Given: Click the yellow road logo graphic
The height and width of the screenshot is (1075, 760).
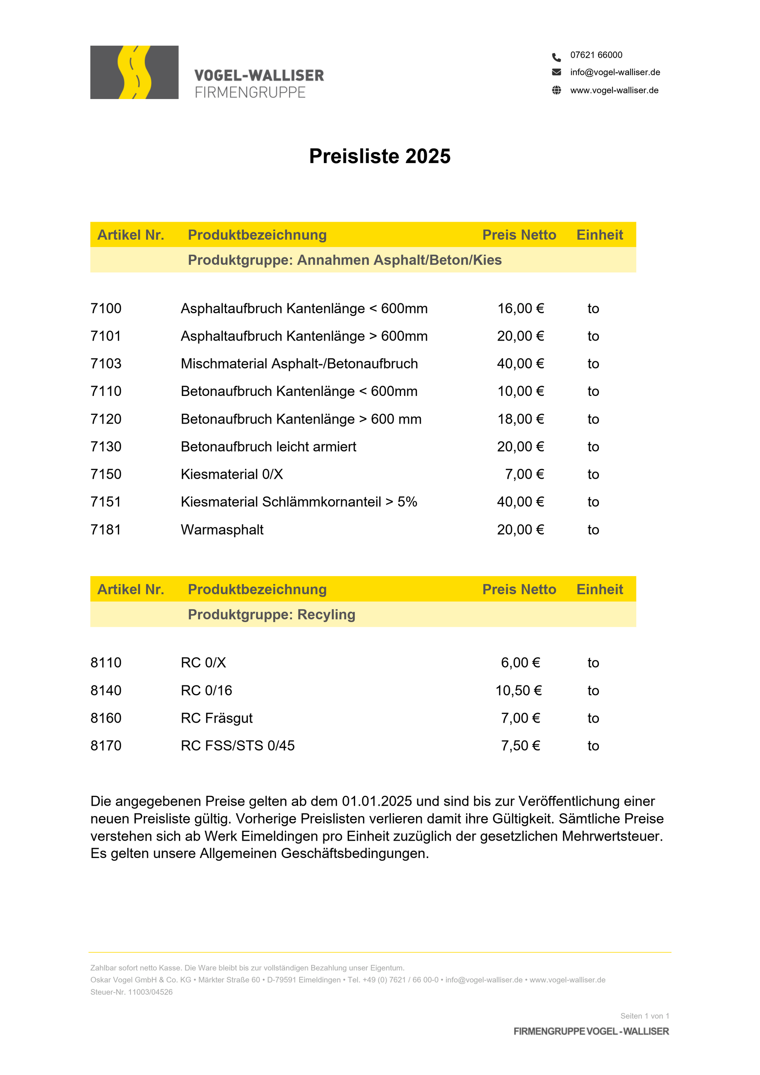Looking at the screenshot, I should pyautogui.click(x=134, y=72).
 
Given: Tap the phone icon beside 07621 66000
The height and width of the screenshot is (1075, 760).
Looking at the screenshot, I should pyautogui.click(x=556, y=57).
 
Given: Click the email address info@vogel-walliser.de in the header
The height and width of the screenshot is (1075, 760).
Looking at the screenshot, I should pyautogui.click(x=614, y=72).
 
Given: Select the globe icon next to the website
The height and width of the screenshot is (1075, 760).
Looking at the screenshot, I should pyautogui.click(x=556, y=90).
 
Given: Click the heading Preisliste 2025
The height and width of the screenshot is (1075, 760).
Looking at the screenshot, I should pyautogui.click(x=380, y=156).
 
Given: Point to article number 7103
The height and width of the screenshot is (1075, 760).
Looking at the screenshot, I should pyautogui.click(x=106, y=364).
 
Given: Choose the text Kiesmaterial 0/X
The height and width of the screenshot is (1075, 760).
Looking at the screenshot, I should pyautogui.click(x=232, y=474).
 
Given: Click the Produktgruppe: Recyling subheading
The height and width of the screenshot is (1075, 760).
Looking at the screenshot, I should pyautogui.click(x=272, y=614).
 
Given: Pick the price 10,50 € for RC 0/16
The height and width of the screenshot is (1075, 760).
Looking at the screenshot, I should pyautogui.click(x=518, y=691).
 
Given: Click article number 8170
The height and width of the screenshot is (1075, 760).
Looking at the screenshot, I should pyautogui.click(x=106, y=746).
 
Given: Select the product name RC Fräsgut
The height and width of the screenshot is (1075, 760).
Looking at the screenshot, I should pyautogui.click(x=217, y=718).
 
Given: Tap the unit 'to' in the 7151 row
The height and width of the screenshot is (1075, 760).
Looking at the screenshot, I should pyautogui.click(x=593, y=502).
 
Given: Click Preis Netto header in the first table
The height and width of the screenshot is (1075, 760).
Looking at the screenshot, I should pyautogui.click(x=519, y=234).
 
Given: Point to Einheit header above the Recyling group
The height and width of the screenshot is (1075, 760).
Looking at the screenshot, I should pyautogui.click(x=599, y=589).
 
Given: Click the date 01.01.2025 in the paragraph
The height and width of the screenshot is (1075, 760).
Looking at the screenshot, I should pyautogui.click(x=377, y=801).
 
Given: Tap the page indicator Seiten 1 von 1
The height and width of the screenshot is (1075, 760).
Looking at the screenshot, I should pyautogui.click(x=644, y=1016).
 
